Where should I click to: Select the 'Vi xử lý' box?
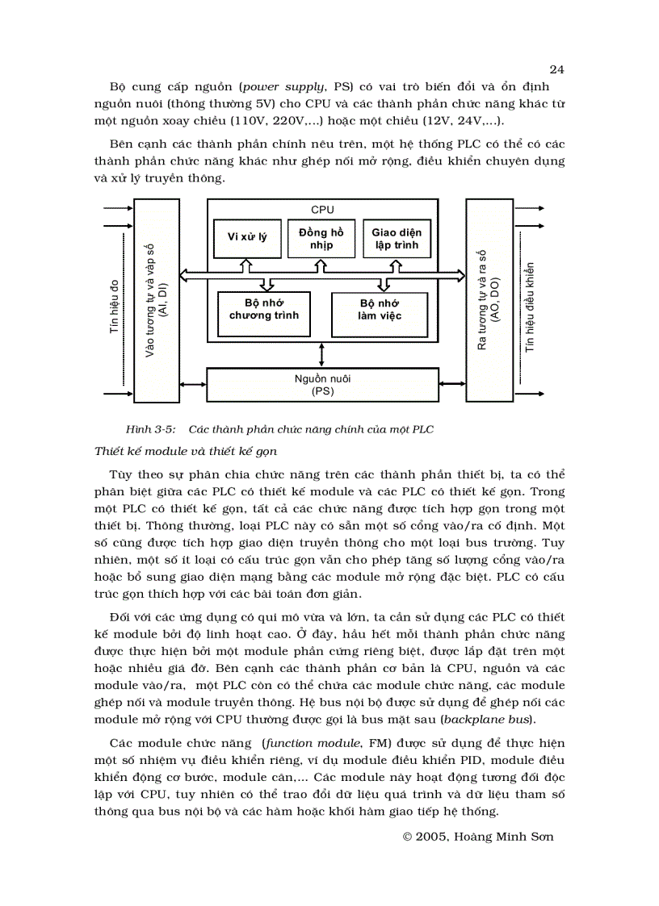(x=246, y=237)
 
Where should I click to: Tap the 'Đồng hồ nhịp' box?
(x=321, y=238)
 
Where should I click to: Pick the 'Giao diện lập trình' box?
(x=396, y=238)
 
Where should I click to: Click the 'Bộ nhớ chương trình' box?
(x=263, y=309)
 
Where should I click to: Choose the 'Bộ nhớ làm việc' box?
(x=380, y=310)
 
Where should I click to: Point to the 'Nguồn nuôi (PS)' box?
(x=322, y=385)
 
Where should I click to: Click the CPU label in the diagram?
(x=322, y=210)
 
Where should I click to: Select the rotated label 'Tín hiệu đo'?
(x=114, y=307)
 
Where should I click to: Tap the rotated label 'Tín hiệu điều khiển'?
(x=531, y=307)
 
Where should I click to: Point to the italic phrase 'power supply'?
(x=277, y=86)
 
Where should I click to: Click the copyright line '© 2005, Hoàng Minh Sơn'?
(x=478, y=837)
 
